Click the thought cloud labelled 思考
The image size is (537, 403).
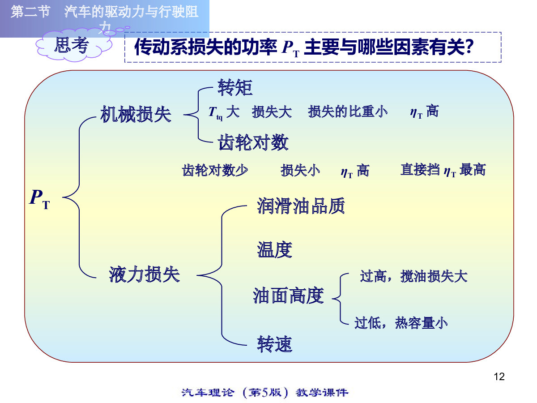(x=73, y=45)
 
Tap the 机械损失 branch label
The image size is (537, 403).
(x=136, y=114)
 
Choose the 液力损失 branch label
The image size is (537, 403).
(x=145, y=274)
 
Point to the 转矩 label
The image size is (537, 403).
(x=235, y=87)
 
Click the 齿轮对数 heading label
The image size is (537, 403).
(x=253, y=142)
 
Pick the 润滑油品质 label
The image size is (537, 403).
(x=301, y=206)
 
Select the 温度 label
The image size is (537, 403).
(x=274, y=250)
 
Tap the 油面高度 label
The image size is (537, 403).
(x=289, y=296)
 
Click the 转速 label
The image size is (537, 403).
(x=274, y=344)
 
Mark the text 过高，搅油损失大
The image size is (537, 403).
(x=414, y=276)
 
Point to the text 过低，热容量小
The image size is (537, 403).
(x=401, y=323)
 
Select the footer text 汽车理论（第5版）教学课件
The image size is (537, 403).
(x=265, y=393)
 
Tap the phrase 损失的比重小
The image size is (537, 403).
(x=348, y=111)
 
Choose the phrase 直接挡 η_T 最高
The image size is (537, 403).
(x=443, y=170)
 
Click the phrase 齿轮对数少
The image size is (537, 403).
(x=215, y=170)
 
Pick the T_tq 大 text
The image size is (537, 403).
(x=224, y=112)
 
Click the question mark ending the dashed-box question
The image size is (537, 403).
(x=470, y=47)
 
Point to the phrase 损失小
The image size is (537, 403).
(x=300, y=170)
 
